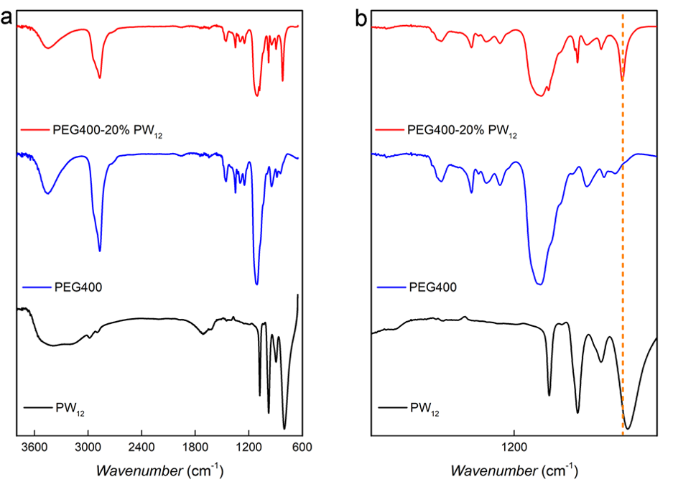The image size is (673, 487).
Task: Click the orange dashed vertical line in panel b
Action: click(x=623, y=215)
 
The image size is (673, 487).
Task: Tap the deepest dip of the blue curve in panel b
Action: click(x=540, y=284)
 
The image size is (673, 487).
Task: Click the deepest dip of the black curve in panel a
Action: click(x=284, y=427)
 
